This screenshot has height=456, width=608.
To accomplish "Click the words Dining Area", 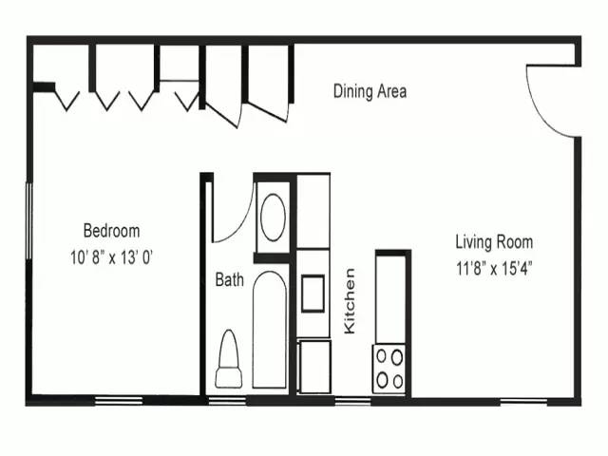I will pyautogui.click(x=370, y=92).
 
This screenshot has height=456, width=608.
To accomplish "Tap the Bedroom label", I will pyautogui.click(x=111, y=231).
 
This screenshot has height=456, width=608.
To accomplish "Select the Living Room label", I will pyautogui.click(x=493, y=242).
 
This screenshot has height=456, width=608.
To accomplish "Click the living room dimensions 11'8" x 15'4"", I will pyautogui.click(x=493, y=268).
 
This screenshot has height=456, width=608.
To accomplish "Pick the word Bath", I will pyautogui.click(x=229, y=280).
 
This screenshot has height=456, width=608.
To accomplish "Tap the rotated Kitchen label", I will pyautogui.click(x=350, y=300).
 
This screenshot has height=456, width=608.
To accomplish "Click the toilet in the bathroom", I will pyautogui.click(x=229, y=360).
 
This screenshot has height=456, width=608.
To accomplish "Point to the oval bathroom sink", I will pyautogui.click(x=273, y=218).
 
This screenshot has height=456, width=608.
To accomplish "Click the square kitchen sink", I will pyautogui.click(x=313, y=293).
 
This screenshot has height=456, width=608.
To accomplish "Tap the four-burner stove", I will pyautogui.click(x=389, y=368).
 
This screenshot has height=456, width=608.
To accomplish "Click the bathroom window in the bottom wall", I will pyautogui.click(x=227, y=400).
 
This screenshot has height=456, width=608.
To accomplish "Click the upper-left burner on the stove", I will pyautogui.click(x=382, y=357).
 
